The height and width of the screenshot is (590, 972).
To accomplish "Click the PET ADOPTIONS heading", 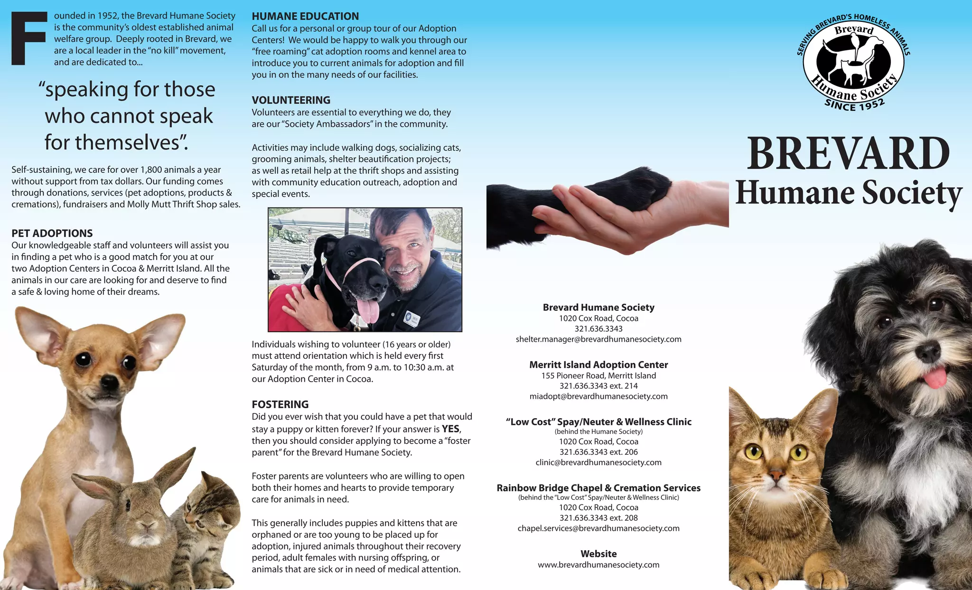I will pos(52,233).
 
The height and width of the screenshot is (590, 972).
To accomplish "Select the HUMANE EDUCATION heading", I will pos(305,16).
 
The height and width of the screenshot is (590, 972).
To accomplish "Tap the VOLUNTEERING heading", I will pos(291,100).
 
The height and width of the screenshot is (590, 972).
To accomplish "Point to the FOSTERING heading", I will pos(280,404).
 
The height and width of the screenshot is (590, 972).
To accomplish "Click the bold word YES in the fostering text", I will pos(450,429).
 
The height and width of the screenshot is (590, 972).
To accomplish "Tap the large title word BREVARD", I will pos(848,154).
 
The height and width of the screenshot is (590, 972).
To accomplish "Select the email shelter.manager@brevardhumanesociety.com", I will pos(598,339).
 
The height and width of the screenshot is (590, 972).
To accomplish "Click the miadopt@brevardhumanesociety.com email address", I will pos(598,396).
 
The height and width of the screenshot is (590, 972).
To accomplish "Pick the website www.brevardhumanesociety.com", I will pos(598,565).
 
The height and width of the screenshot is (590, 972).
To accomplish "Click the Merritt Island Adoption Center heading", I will pos(598,365).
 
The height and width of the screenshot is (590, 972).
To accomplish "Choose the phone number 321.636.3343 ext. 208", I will pos(598,518).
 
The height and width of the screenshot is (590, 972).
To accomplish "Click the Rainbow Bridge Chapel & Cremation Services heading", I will pos(598,488).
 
